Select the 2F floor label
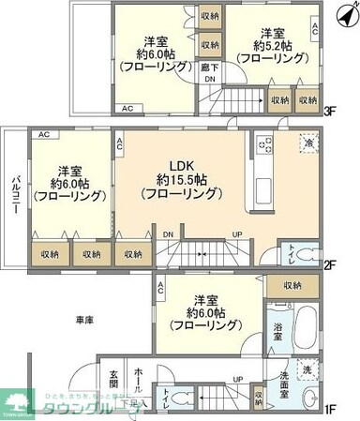point(331,264)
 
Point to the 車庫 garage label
point(85,321)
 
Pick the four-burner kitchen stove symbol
point(263,144)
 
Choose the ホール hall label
point(138,375)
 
